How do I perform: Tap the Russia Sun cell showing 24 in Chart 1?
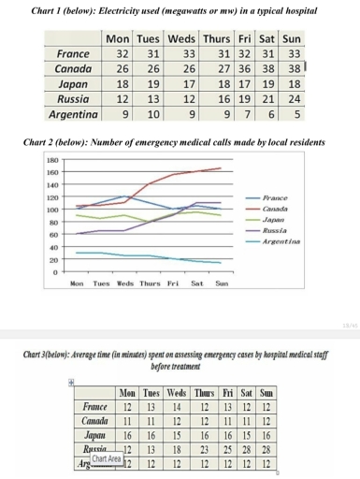[x=295, y=98]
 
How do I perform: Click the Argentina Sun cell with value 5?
[x=295, y=114]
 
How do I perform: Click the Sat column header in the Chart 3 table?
[x=245, y=393]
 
